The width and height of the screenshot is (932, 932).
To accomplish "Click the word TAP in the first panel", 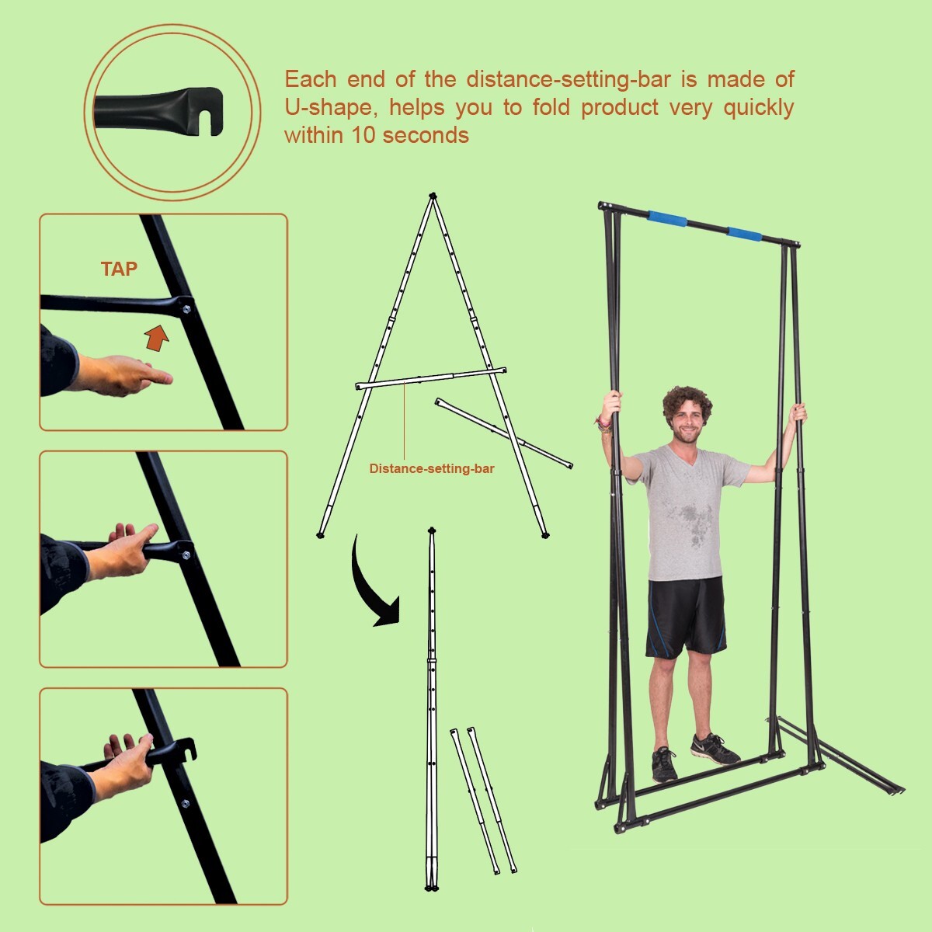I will pos(119,270).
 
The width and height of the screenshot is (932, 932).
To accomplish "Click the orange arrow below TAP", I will pos(157,338).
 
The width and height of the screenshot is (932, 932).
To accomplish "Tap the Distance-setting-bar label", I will pos(431,468).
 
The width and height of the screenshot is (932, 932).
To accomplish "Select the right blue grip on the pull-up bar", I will pos(745,233).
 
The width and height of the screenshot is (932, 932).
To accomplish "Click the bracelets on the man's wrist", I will pos(603,422).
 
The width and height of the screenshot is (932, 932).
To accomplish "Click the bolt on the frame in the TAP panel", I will pos(186,309).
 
